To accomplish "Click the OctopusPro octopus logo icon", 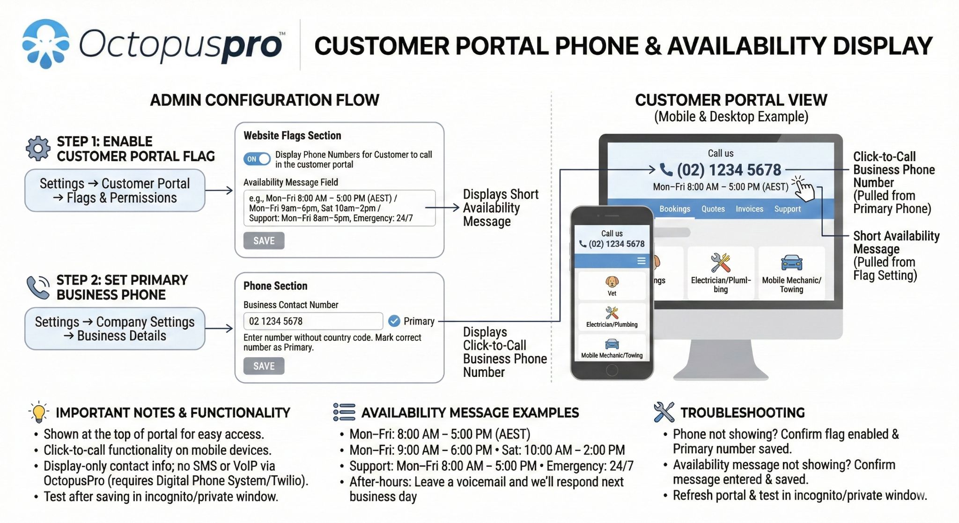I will (46, 44).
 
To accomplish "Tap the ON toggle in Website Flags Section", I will (257, 159).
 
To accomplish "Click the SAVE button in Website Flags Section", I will (264, 241).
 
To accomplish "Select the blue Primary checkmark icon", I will (394, 321).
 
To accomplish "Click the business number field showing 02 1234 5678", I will (313, 321).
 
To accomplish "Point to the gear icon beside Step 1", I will (38, 148).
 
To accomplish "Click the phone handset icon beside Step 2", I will (38, 287).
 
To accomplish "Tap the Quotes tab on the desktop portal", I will (713, 209).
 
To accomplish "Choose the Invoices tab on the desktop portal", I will (749, 209).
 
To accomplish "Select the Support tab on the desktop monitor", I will (787, 209).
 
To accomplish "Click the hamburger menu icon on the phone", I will (641, 261).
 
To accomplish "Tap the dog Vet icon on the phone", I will (612, 281).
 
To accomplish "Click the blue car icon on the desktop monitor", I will (791, 263).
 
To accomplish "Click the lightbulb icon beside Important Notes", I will (39, 412).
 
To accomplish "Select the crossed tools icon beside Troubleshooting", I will (664, 412).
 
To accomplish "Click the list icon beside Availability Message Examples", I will (344, 412).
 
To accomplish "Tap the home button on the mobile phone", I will (612, 370).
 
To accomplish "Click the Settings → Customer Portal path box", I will (115, 191).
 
